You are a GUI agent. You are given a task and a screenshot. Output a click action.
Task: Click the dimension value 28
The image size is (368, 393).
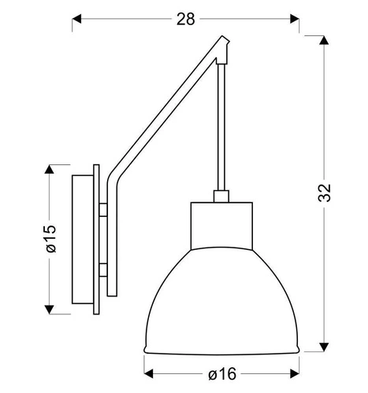point(186,19)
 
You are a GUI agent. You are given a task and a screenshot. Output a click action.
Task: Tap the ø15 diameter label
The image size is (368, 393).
point(50,238)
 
